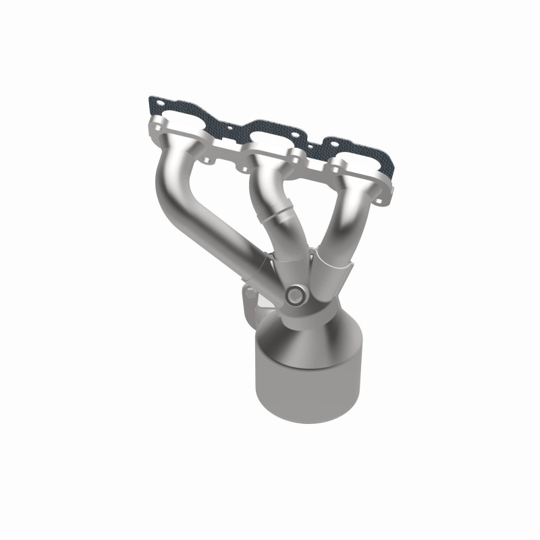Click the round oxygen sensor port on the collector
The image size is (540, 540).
coord(295,295)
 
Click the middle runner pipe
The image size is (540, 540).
coord(267,196)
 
